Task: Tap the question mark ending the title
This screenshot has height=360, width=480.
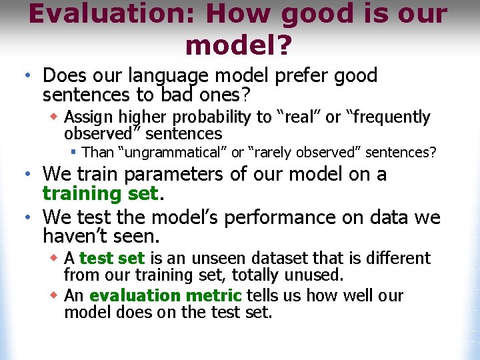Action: [283, 45]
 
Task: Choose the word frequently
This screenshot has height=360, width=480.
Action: [389, 117]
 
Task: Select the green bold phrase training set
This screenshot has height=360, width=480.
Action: [100, 193]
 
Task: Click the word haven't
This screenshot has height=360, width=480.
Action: [73, 236]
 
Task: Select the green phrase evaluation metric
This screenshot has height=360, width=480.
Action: [165, 295]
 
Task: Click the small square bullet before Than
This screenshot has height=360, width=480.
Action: [75, 153]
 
